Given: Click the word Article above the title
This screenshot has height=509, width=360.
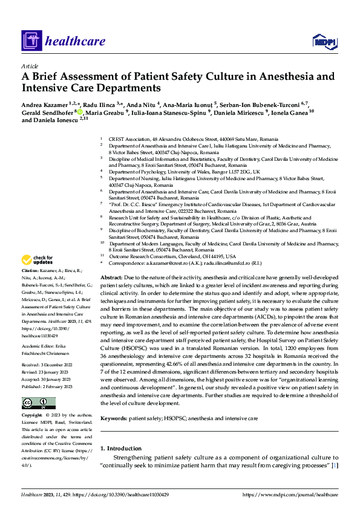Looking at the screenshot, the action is pyautogui.click(x=30, y=66).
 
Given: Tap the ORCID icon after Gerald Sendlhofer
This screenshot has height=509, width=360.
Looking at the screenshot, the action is pyautogui.click(x=79, y=112).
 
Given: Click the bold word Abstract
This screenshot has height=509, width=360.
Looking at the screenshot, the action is pyautogui.click(x=111, y=276).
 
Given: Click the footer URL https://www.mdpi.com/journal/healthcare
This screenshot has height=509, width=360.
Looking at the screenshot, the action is pyautogui.click(x=290, y=495).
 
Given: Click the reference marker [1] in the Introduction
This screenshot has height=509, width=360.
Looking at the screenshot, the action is pyautogui.click(x=333, y=450).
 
